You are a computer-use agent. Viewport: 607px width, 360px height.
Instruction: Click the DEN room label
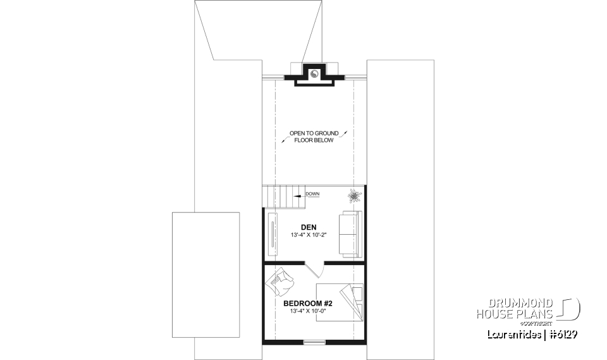(x=309, y=228)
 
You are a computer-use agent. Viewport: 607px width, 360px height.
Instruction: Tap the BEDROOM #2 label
(x=309, y=303)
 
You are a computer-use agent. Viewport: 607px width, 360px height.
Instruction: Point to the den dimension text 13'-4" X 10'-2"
(x=309, y=236)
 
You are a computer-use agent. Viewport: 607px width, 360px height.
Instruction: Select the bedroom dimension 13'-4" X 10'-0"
(x=309, y=311)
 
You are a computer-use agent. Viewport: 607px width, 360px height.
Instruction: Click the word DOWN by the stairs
(x=312, y=194)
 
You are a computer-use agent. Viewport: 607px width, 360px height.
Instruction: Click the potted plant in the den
(x=353, y=196)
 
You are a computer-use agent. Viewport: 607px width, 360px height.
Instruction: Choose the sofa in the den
(x=349, y=234)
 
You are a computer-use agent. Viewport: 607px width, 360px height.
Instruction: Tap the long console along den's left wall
(x=272, y=232)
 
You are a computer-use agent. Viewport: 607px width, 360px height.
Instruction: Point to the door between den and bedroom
(x=314, y=268)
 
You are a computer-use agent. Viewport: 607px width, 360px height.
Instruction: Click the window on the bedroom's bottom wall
(x=314, y=342)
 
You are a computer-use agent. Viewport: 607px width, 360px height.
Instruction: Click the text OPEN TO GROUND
(x=314, y=133)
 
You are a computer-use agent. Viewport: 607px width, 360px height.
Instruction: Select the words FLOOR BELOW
(x=314, y=140)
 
